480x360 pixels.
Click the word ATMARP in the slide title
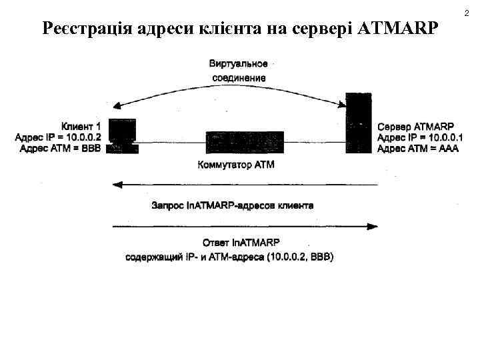(x=398, y=29)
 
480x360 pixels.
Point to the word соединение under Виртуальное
(x=239, y=77)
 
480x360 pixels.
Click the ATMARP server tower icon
(x=358, y=123)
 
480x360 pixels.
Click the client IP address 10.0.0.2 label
(x=58, y=137)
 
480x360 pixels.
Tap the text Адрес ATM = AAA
(x=417, y=149)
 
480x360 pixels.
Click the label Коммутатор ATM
(x=236, y=164)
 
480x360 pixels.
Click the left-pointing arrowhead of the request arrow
(x=117, y=184)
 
